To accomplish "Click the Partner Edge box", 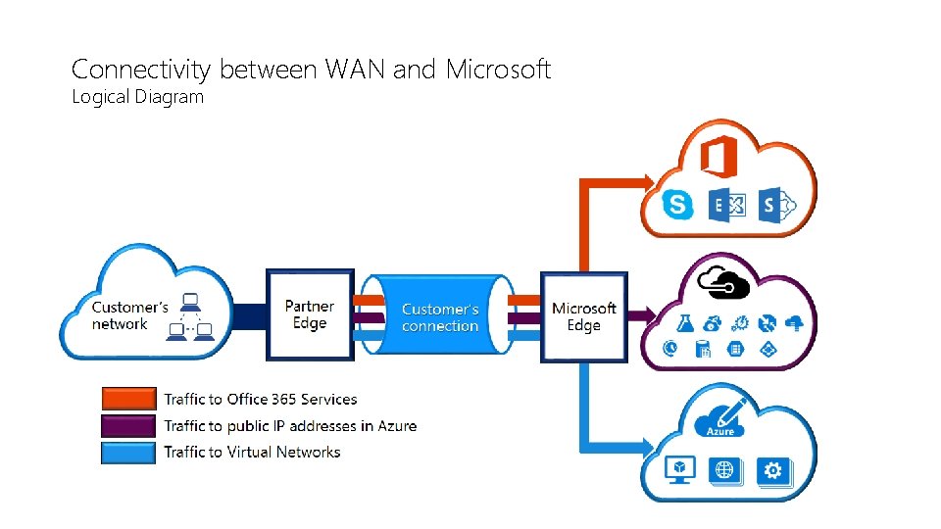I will [x=310, y=315].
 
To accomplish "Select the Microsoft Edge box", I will [x=583, y=316].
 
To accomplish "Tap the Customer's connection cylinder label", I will [x=440, y=317].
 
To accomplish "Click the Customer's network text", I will [x=130, y=315].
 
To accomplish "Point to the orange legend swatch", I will [x=128, y=399].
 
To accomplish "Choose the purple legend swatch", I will [x=128, y=425].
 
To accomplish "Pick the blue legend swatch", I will [x=128, y=452].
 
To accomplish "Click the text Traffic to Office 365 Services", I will [x=260, y=399].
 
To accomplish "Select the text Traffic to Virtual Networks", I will [x=252, y=452].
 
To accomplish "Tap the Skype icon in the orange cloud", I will [x=677, y=205].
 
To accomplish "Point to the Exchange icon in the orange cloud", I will [x=728, y=205].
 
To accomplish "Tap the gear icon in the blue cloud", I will [x=773, y=471].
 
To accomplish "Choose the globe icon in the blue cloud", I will [x=724, y=471].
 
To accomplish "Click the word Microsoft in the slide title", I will [x=498, y=70].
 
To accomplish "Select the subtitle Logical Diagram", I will [x=137, y=97].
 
